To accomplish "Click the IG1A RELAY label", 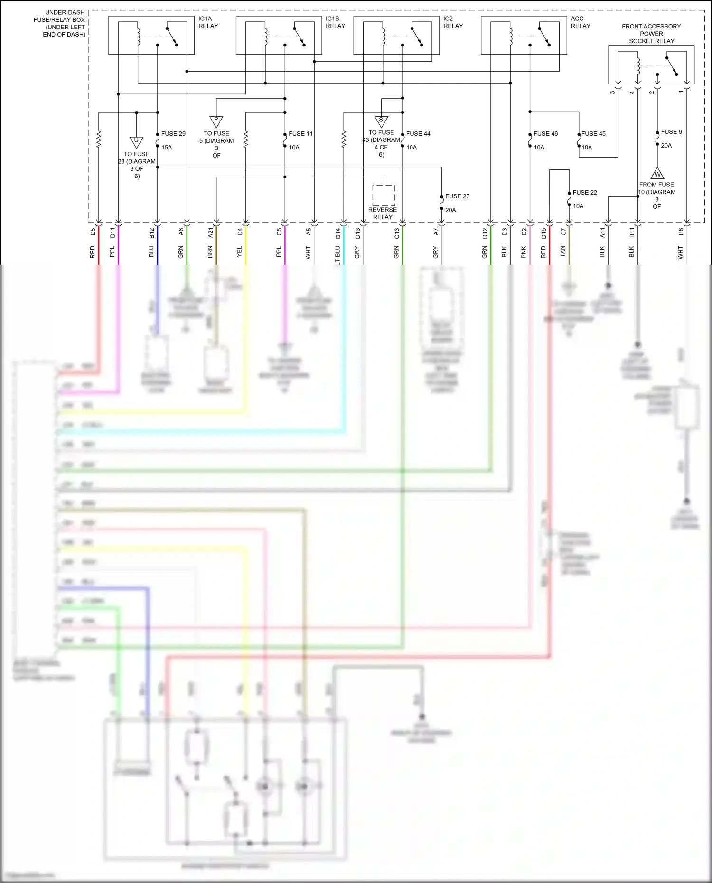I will [208, 22].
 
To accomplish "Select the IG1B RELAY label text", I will [335, 22].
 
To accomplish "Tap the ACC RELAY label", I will [580, 22].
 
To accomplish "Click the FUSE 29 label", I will [173, 134].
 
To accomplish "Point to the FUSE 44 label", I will [418, 134].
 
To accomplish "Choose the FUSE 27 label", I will [457, 196].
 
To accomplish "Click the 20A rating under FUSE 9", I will [666, 146].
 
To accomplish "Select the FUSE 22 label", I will [584, 193].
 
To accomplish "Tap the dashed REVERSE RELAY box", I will [384, 195].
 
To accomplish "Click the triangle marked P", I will [216, 121].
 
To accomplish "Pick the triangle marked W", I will [657, 174].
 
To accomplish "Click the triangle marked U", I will [136, 141].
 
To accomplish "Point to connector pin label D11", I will [112, 232].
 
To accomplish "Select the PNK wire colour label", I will [524, 252].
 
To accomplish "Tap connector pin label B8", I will [680, 232].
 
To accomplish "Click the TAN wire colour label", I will [562, 251].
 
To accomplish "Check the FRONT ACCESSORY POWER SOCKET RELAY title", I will [651, 34].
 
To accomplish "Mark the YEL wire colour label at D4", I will [239, 251].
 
